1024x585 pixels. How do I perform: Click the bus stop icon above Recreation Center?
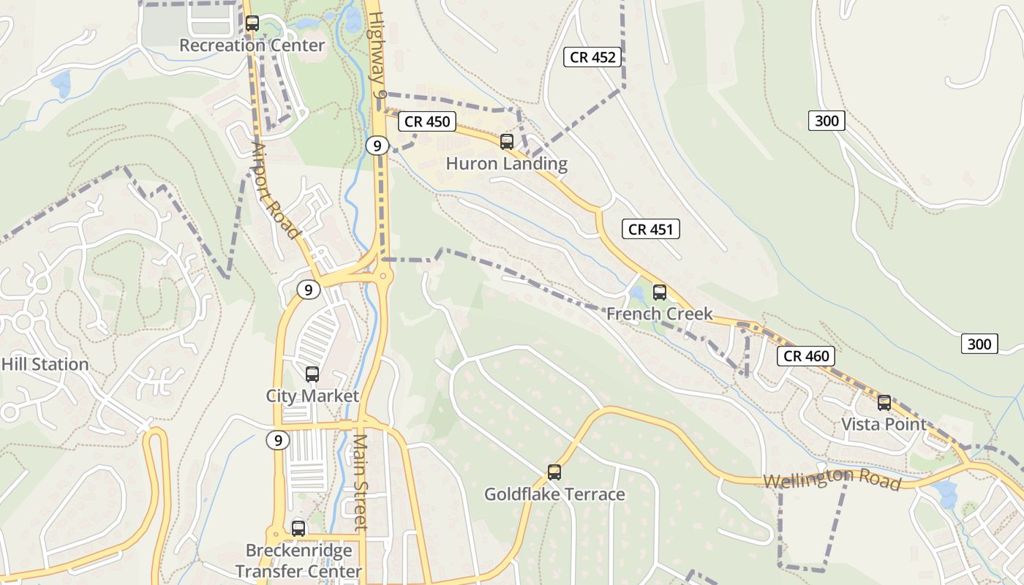[x=252, y=23]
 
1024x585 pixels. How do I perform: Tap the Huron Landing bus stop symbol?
[x=507, y=142]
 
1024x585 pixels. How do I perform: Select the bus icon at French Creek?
[x=660, y=292]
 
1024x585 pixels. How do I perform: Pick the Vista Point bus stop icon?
[x=884, y=403]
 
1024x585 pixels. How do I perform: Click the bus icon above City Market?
[x=312, y=374]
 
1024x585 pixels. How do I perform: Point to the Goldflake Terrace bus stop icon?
[x=554, y=472]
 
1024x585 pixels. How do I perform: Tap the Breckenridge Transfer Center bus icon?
[x=298, y=528]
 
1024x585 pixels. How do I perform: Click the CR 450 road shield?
[x=427, y=121]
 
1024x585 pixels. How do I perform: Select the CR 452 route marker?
[x=592, y=57]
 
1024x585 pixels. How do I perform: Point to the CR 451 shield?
[x=651, y=229]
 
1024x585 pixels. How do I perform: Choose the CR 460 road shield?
[x=806, y=356]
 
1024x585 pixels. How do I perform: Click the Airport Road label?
[x=276, y=191]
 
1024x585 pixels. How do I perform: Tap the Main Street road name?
[x=361, y=483]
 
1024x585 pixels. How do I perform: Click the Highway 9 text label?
[x=377, y=55]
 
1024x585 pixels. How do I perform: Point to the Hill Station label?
[x=45, y=364]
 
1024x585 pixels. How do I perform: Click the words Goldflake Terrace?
[x=554, y=494]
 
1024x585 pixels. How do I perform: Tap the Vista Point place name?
[x=884, y=424]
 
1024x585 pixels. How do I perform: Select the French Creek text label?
[x=659, y=314]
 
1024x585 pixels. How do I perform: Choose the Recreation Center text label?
[x=252, y=45]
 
